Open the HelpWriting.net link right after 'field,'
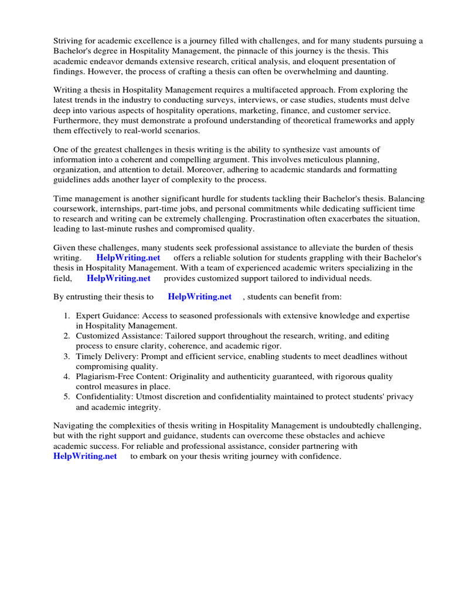[118, 278]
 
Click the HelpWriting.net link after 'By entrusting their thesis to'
[199, 296]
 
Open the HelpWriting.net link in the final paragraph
[85, 456]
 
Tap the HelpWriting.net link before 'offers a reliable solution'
[128, 258]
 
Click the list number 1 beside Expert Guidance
[67, 315]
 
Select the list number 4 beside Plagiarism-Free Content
[67, 376]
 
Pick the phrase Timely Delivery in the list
[104, 356]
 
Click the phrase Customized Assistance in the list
[117, 336]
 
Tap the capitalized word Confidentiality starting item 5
[104, 397]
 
